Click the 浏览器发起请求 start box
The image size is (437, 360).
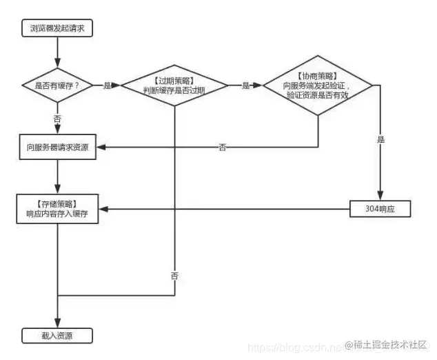click(57, 28)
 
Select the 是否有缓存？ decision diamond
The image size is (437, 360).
click(57, 86)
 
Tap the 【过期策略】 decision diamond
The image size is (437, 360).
click(175, 86)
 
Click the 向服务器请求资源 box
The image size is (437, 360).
click(57, 148)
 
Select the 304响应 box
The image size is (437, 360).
click(380, 208)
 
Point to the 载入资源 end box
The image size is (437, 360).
click(57, 336)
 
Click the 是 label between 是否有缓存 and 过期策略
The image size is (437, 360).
click(107, 86)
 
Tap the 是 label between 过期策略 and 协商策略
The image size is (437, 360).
click(246, 86)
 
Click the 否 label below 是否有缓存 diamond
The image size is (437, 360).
click(57, 118)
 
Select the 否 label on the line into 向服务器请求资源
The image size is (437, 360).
click(222, 148)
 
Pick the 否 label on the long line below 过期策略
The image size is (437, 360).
click(174, 275)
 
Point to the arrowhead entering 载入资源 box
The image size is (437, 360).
click(57, 325)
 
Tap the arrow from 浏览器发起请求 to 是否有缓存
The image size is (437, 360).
click(57, 52)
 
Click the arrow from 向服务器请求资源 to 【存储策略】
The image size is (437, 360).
click(57, 177)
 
